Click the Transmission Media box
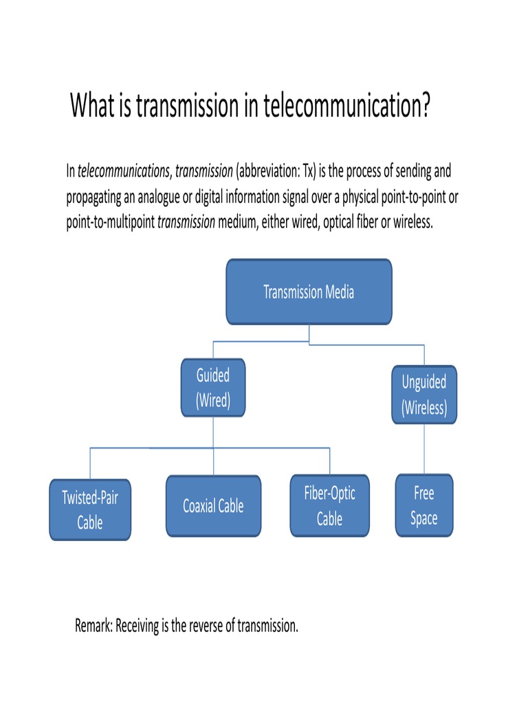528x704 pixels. (x=309, y=291)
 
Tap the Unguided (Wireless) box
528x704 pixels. (x=424, y=395)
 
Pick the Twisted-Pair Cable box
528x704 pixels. (x=89, y=510)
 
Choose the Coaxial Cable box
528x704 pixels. (x=213, y=506)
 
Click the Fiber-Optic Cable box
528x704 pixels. (x=329, y=506)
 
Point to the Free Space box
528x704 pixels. (x=424, y=505)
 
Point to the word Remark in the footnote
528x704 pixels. (x=93, y=626)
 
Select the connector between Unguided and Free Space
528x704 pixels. (x=424, y=448)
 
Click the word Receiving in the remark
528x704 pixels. (x=140, y=626)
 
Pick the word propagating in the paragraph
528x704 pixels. (x=93, y=197)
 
